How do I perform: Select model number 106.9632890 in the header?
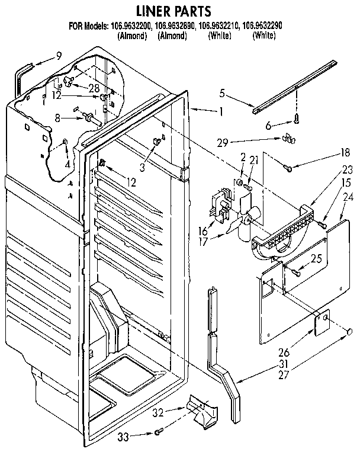click(173, 27)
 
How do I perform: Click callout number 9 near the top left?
click(58, 56)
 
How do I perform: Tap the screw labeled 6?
click(295, 123)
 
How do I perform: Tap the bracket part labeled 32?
click(201, 408)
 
